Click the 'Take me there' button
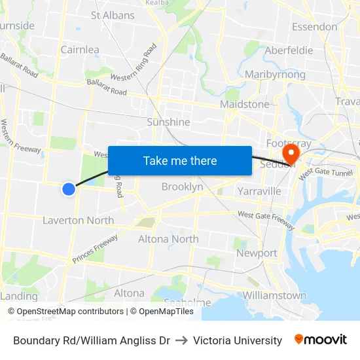180,160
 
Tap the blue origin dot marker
69,189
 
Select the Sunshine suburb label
168,122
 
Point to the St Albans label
113,15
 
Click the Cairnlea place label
80,50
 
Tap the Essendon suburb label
315,27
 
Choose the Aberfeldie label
289,50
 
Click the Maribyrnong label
275,75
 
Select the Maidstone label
245,104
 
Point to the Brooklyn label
182,187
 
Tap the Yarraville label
259,191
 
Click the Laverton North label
78,221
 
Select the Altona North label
168,239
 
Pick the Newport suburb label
257,253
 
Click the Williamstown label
274,295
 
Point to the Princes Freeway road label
96,249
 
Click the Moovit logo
321,340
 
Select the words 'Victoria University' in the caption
238,340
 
